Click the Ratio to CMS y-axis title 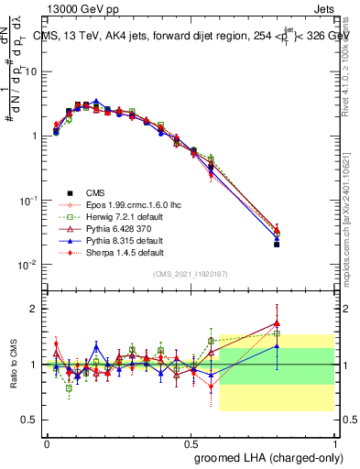click(x=16, y=364)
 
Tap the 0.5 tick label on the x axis click(x=191, y=442)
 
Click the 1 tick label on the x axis click(x=335, y=442)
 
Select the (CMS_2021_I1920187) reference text click(x=191, y=273)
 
